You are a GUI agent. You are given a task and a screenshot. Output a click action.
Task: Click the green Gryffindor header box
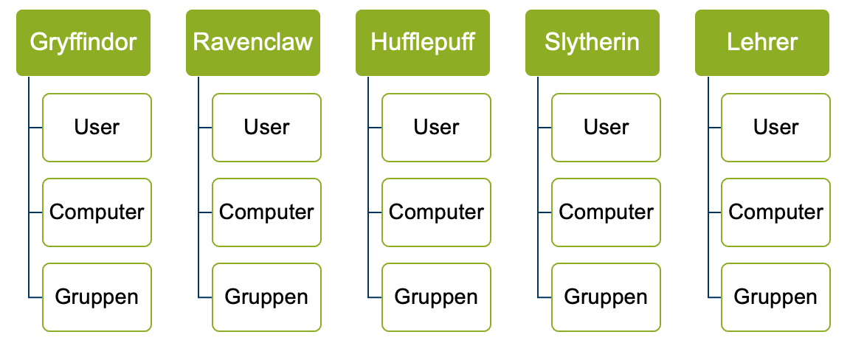(x=83, y=42)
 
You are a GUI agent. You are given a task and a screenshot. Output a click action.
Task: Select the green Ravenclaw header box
(x=253, y=42)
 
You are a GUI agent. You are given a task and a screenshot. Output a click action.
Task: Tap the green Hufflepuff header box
(x=423, y=42)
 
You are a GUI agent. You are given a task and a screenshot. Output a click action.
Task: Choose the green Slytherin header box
(x=592, y=42)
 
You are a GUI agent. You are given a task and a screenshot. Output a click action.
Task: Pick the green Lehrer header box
(x=762, y=42)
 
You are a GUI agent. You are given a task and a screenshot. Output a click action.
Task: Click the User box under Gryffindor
(x=97, y=128)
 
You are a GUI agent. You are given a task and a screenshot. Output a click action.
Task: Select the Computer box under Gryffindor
(x=97, y=212)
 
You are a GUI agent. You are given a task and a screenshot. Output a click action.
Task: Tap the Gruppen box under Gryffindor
(x=97, y=297)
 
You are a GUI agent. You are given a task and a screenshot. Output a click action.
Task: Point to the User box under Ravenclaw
(x=266, y=128)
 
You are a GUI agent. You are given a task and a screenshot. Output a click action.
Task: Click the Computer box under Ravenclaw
(x=266, y=212)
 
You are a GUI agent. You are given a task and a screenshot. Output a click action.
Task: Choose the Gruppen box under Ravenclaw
(x=266, y=297)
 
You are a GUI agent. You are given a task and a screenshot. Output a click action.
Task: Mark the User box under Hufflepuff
(x=436, y=128)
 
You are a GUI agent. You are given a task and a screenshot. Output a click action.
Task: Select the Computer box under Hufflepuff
(x=436, y=212)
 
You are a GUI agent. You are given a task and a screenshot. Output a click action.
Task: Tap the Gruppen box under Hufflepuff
(x=436, y=297)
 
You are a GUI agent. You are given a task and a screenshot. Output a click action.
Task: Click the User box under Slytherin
(x=606, y=128)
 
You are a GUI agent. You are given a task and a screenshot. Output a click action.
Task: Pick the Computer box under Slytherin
(x=606, y=212)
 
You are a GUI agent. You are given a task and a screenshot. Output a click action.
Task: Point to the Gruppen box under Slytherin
(x=606, y=297)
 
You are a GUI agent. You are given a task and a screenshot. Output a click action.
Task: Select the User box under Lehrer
(x=775, y=128)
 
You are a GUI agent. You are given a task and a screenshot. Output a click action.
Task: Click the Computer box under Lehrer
(x=775, y=212)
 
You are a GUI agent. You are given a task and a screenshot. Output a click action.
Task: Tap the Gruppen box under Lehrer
(x=775, y=297)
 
